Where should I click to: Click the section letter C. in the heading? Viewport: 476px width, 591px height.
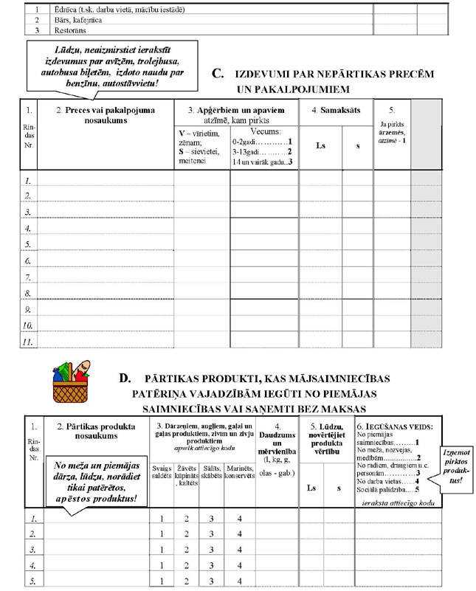pos(218,74)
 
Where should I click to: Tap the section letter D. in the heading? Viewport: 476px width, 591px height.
pos(125,378)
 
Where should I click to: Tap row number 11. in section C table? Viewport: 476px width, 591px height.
pos(25,342)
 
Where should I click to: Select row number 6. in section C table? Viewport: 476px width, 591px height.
pos(25,261)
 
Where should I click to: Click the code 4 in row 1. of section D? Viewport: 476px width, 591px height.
pos(239,518)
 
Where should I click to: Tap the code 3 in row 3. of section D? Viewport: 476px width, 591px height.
pos(211,550)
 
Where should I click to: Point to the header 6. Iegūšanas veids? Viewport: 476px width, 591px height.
pos(393,427)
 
